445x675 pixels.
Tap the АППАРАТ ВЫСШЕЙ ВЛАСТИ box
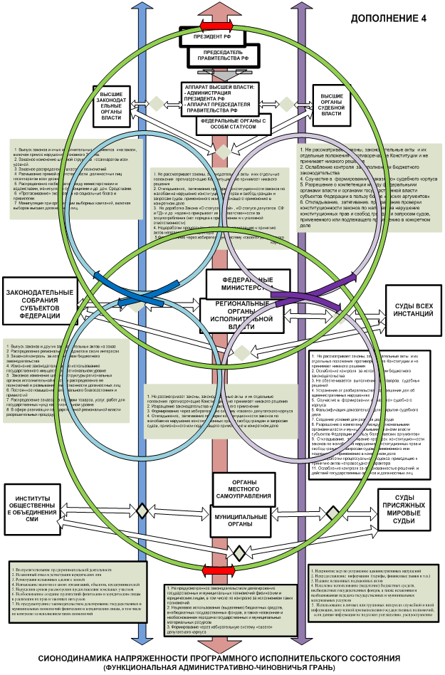(x=221, y=98)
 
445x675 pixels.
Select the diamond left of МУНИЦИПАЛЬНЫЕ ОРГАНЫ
(x=143, y=511)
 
